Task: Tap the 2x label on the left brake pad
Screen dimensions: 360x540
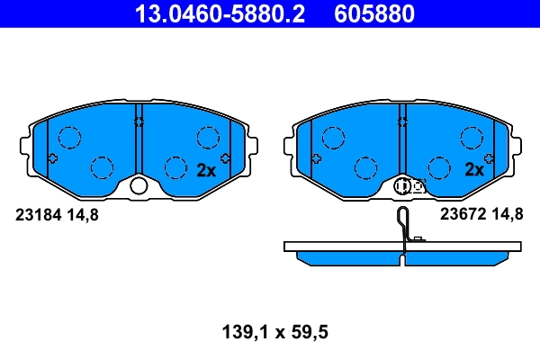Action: (x=206, y=169)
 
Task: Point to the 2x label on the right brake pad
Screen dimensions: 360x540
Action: (x=473, y=169)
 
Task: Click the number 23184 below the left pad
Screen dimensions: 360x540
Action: (x=39, y=214)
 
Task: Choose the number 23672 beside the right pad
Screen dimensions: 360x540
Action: (x=460, y=214)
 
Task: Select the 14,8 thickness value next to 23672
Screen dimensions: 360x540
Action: (x=506, y=214)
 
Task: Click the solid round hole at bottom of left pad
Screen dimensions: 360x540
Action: (x=139, y=186)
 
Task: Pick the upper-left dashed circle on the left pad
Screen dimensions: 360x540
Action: (x=69, y=138)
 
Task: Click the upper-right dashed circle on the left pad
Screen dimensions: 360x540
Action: (x=208, y=138)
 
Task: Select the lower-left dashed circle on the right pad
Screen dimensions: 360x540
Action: (x=365, y=167)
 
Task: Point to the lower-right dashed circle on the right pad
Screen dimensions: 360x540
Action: (x=438, y=167)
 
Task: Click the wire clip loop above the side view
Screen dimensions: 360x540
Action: (x=405, y=220)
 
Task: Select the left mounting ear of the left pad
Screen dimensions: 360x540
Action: (x=25, y=144)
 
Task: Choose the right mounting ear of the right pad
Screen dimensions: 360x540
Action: (x=517, y=144)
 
